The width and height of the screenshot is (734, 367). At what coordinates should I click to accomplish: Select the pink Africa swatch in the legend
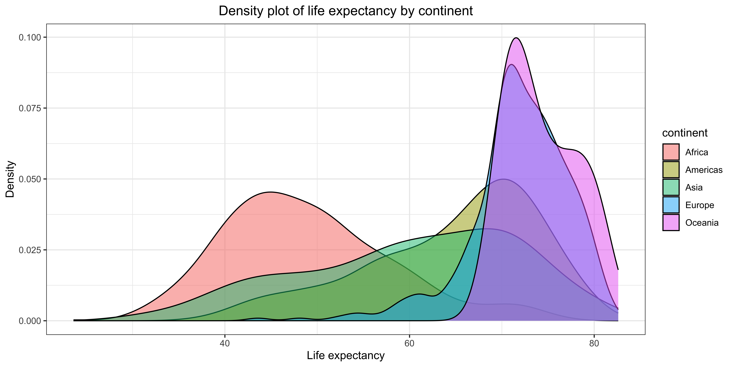coord(671,152)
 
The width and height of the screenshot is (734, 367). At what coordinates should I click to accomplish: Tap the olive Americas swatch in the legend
coord(671,170)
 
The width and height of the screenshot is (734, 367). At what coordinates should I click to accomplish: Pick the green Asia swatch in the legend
coord(671,187)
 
